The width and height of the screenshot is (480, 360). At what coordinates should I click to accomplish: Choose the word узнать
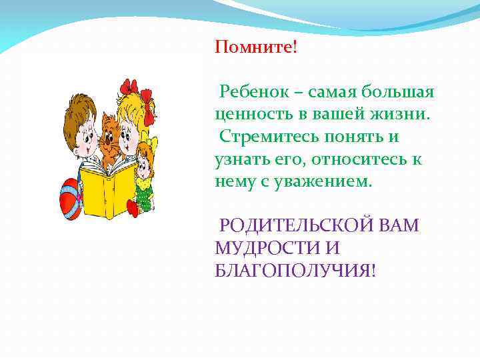[242, 159]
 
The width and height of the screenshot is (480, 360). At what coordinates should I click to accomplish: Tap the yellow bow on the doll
[154, 143]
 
